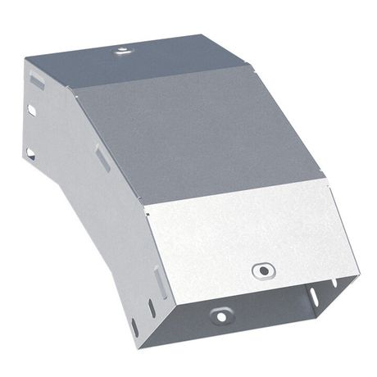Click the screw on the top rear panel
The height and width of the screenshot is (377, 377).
(x=121, y=51)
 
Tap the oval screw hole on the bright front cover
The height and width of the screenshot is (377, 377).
(x=262, y=270)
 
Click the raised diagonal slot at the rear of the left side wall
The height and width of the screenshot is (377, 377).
(x=37, y=80)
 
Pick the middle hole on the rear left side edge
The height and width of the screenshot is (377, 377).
(x=32, y=109)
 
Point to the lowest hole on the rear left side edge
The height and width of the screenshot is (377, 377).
(x=30, y=152)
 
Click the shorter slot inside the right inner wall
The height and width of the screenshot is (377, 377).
(x=334, y=281)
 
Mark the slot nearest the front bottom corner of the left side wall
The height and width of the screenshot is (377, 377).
(x=135, y=326)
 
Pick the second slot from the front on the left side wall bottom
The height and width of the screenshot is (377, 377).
(x=151, y=308)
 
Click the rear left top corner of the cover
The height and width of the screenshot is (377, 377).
(x=26, y=59)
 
